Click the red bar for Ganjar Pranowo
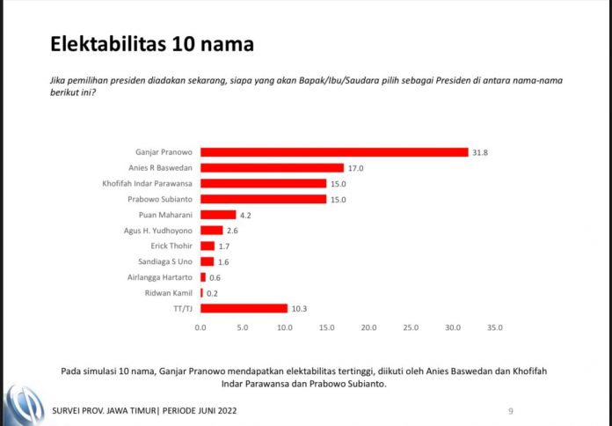pos(334,152)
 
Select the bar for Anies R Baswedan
pos(272,167)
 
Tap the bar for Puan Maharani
pos(218,214)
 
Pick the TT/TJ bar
pos(244,308)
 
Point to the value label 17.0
pos(355,167)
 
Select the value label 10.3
pos(299,308)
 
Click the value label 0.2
pos(214,292)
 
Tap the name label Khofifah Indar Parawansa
pos(149,183)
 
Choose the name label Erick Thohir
pos(172,246)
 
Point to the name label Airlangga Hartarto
pos(164,276)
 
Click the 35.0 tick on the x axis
pos(494,327)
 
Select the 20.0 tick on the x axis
pos(368,327)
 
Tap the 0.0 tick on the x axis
pos(200,327)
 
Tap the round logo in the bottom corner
pos(22,404)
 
